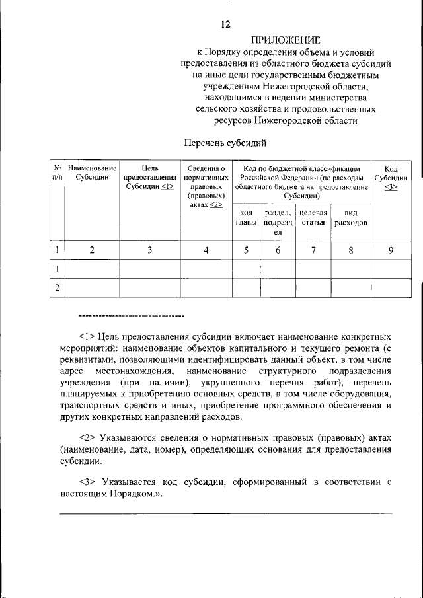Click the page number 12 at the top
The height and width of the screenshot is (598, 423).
pyautogui.click(x=226, y=25)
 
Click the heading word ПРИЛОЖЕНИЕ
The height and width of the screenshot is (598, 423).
pyautogui.click(x=286, y=41)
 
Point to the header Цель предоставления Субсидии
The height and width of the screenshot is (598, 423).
pyautogui.click(x=149, y=178)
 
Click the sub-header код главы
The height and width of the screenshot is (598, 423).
pyautogui.click(x=245, y=218)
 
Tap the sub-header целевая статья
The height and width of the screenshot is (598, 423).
pyautogui.click(x=313, y=218)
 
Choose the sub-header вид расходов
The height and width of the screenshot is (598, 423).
pyautogui.click(x=350, y=218)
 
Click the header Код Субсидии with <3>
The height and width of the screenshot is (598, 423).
pyautogui.click(x=391, y=178)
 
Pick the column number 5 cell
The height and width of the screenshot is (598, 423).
pyautogui.click(x=245, y=250)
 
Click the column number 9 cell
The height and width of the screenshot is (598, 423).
pyautogui.click(x=391, y=250)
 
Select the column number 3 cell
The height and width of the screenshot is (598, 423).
pyautogui.click(x=149, y=250)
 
